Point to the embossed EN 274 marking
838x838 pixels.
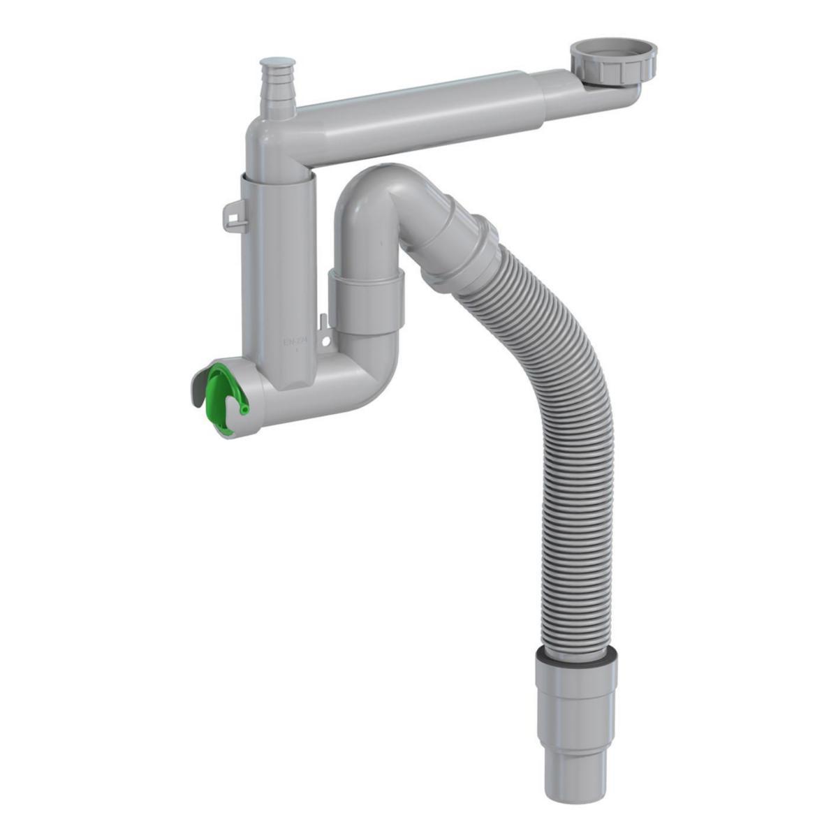tap(291, 343)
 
